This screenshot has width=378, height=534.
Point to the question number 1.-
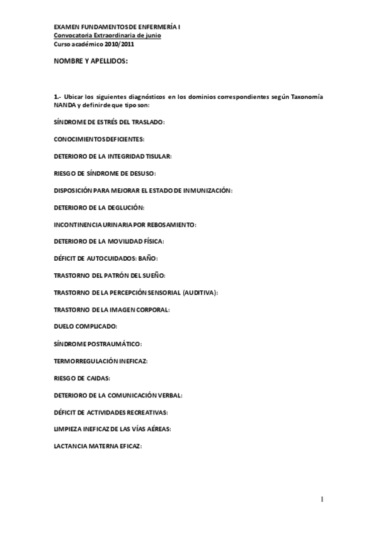(58, 97)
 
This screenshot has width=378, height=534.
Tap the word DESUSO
(142, 172)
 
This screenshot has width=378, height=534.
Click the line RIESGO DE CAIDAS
(82, 378)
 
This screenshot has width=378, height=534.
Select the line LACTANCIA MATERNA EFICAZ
(98, 446)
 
